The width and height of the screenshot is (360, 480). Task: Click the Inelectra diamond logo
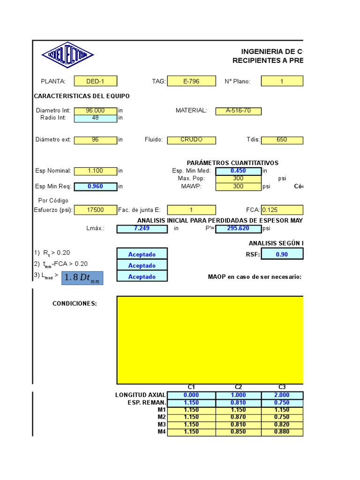tap(67, 55)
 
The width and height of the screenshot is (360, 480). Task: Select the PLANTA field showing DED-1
tap(95, 81)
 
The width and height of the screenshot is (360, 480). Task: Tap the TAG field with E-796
tap(191, 81)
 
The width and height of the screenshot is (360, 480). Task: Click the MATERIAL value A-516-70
tap(238, 111)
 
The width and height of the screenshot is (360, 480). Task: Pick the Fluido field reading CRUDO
tap(191, 140)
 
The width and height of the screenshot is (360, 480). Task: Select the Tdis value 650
tap(282, 140)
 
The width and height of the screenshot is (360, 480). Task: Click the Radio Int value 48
tap(95, 118)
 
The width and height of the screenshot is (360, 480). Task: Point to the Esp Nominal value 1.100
tap(95, 171)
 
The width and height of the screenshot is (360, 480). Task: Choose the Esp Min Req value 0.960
tap(95, 187)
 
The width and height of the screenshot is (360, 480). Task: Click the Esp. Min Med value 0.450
tap(238, 171)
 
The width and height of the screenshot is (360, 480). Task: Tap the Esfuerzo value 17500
tap(95, 210)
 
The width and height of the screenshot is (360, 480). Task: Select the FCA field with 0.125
tap(282, 210)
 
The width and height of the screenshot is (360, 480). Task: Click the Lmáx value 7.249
tap(142, 229)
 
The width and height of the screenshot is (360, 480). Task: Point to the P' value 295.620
tap(238, 229)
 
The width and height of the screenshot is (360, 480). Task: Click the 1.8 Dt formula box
tap(82, 277)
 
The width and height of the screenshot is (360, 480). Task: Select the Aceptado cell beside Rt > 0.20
tap(142, 255)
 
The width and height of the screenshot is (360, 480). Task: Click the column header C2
tap(238, 387)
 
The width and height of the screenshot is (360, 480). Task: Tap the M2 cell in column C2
tap(238, 417)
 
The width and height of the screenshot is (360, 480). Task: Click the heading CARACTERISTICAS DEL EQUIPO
tap(82, 96)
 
